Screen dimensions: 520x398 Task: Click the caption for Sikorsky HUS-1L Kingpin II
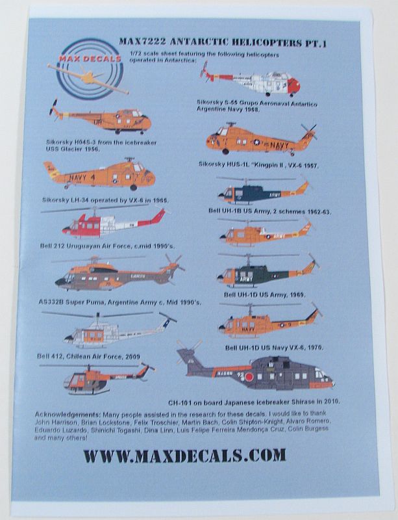tap(260, 166)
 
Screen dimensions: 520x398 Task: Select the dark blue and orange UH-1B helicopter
tap(260, 192)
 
